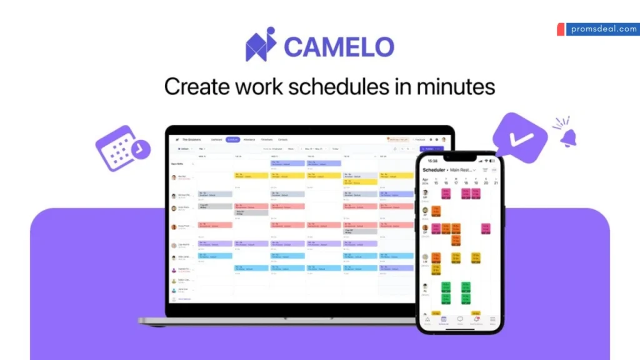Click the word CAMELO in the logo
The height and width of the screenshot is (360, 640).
[339, 47]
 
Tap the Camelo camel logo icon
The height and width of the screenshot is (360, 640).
[260, 45]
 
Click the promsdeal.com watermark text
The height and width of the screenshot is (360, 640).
[602, 29]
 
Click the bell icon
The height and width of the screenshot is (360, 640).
[567, 137]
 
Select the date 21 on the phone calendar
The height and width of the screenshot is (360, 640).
[496, 182]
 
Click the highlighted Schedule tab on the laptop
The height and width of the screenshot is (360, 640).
[233, 139]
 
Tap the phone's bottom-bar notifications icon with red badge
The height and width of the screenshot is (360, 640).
[476, 319]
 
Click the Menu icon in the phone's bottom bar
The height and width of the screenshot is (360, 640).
[492, 319]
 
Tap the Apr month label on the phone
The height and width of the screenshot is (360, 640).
[425, 179]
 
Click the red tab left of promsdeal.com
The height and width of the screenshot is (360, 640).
[560, 29]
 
